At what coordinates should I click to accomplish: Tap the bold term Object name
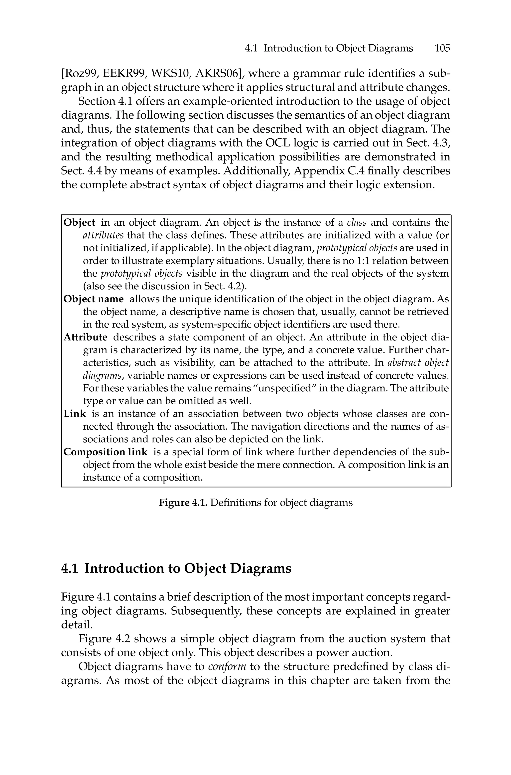tap(94, 299)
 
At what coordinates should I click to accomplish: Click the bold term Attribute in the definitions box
tap(85, 337)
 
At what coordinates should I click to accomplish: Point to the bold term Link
tap(75, 414)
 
